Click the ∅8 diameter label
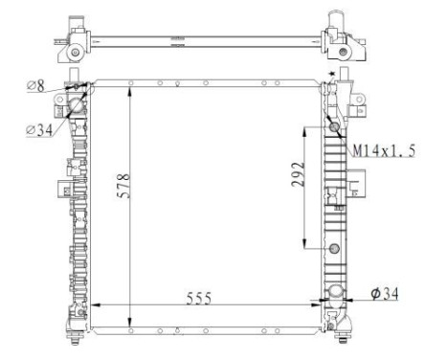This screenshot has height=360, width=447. click(37, 86)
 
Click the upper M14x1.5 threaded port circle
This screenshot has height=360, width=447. click(334, 129)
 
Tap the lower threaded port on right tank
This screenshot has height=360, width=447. click(334, 250)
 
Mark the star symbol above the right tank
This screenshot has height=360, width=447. click(330, 75)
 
